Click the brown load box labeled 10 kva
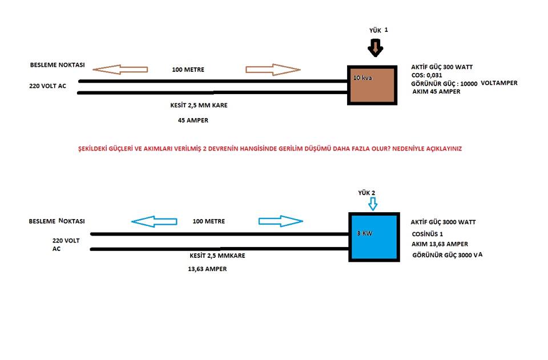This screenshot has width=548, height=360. (x=372, y=85)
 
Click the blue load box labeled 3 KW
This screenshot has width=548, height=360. (x=374, y=237)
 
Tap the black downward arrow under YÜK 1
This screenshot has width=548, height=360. (x=376, y=48)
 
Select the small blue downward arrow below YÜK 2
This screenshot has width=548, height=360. (x=373, y=204)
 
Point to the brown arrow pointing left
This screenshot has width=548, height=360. (x=120, y=70)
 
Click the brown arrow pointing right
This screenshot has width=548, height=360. (x=273, y=70)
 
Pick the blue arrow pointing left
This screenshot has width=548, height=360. (x=154, y=221)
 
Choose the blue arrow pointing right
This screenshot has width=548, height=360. (x=281, y=221)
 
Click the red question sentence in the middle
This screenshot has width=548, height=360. (x=270, y=148)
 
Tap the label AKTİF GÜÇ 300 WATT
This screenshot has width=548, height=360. (x=442, y=67)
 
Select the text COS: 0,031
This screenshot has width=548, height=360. (x=427, y=75)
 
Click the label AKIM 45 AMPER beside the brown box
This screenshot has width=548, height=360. (x=436, y=91)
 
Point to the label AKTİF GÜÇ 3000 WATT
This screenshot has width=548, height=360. (x=443, y=222)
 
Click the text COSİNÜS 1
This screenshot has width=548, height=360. (x=428, y=234)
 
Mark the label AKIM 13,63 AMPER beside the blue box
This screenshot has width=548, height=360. (x=440, y=244)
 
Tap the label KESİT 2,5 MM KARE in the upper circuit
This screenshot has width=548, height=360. (x=199, y=105)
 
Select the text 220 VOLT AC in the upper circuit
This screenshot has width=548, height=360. (x=47, y=86)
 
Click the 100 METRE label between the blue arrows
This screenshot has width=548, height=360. (x=209, y=221)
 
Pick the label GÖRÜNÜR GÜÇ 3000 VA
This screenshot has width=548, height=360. (x=448, y=255)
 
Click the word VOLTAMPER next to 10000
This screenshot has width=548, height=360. (x=499, y=83)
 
